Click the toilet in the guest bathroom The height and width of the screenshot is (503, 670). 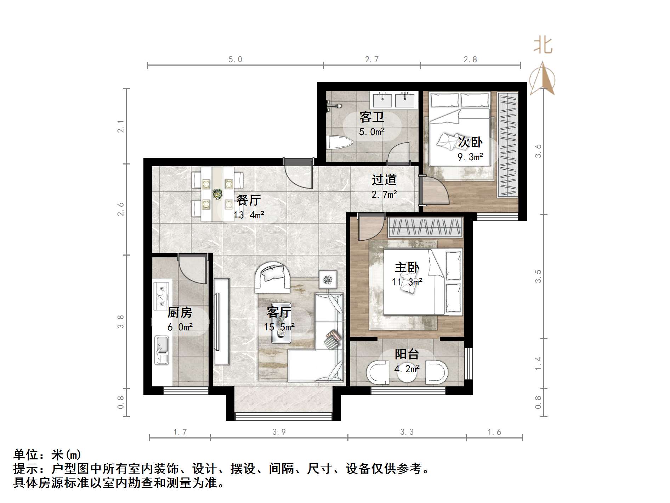(x=340, y=143)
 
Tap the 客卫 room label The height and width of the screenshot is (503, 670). (x=371, y=117)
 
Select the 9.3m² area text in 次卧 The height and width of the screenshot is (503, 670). (x=470, y=156)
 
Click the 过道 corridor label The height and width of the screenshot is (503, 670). (x=384, y=180)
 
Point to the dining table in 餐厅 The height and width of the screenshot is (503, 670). (x=217, y=194)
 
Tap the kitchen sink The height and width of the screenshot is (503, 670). (x=162, y=350)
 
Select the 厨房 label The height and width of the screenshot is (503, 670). (x=180, y=312)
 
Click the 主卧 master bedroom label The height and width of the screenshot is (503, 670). (x=407, y=267)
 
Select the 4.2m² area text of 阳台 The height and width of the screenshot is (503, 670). (x=407, y=369)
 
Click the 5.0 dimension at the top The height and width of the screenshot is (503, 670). (x=235, y=60)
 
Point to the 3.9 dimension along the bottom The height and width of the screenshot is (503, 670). (x=279, y=432)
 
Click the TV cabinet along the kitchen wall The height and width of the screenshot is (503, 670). (x=222, y=322)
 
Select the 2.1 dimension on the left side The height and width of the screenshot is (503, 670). (x=121, y=127)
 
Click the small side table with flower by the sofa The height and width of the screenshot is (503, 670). (x=328, y=280)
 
